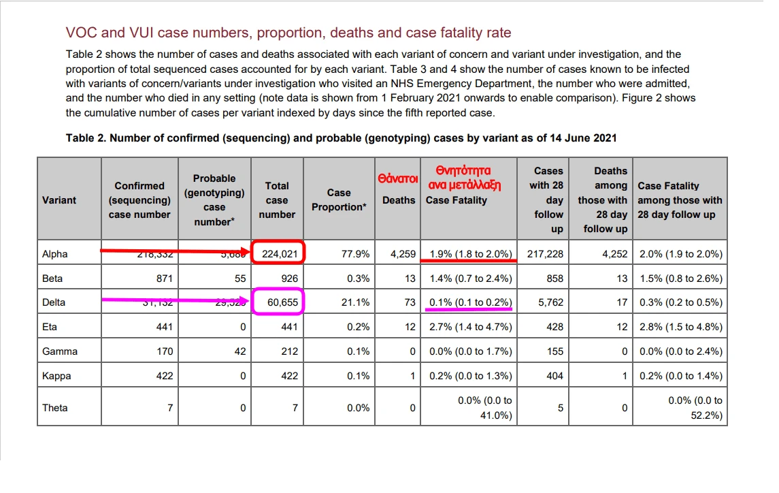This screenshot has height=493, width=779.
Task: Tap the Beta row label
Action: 53,279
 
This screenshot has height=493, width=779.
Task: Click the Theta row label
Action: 55,408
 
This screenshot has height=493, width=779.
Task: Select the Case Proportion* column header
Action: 339,200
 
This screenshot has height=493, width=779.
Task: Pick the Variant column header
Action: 59,200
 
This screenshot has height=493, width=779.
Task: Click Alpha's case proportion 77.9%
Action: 356,254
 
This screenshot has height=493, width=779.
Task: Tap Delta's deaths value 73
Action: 408,302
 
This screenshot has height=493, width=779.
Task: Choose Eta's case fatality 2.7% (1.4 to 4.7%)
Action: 470,327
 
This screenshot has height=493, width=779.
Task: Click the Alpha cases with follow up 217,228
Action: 545,254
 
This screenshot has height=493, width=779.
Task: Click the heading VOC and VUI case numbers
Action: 288,33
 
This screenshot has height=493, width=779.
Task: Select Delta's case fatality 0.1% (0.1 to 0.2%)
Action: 470,302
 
